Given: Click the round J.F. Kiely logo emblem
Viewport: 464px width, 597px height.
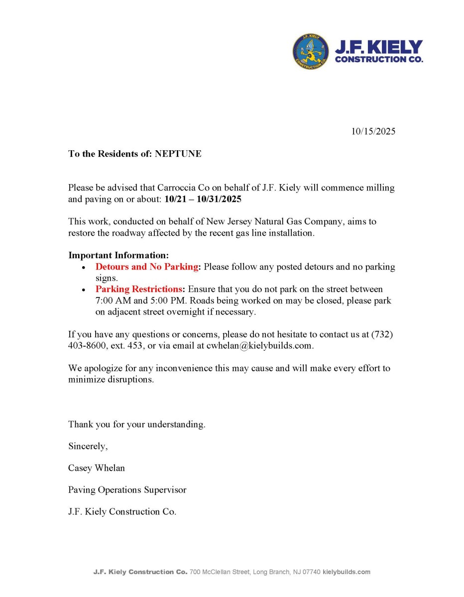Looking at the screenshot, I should [x=311, y=52].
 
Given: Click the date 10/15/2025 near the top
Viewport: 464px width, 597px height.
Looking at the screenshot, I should [x=373, y=131].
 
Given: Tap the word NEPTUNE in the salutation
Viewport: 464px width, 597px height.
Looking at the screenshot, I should [x=178, y=154].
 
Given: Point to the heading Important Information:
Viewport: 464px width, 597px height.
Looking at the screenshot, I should [x=118, y=255].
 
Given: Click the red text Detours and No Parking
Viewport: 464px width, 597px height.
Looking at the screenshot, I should [x=147, y=267].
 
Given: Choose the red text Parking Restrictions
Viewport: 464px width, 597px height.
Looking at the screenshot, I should [x=139, y=289].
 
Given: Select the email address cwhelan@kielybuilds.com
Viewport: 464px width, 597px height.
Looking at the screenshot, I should [x=259, y=346].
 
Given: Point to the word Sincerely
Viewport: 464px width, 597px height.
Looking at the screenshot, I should [x=88, y=446].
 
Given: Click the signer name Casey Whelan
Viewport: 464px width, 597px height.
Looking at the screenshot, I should [x=97, y=468].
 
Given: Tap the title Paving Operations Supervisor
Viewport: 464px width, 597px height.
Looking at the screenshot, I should [x=127, y=490].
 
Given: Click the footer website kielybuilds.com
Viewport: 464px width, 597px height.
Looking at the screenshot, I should [x=347, y=572].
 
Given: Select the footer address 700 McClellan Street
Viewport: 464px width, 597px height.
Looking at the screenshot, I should [x=219, y=572].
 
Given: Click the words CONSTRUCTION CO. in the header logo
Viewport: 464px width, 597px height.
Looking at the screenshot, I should [x=379, y=60].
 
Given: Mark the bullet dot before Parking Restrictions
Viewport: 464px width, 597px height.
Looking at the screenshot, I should [x=83, y=290].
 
